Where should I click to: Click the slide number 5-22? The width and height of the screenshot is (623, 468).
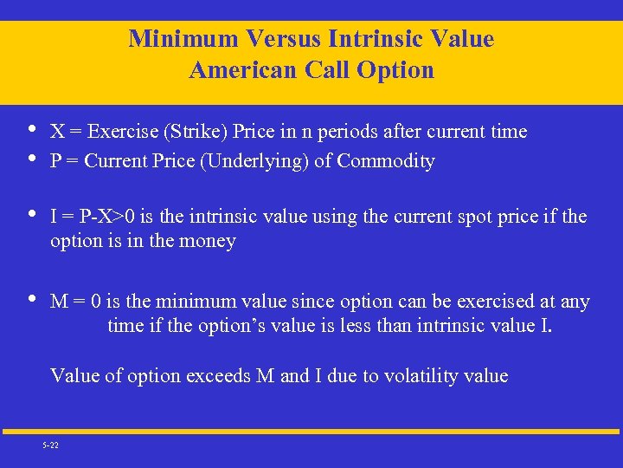[x=50, y=445]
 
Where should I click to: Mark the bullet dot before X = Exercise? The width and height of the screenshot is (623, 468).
[x=32, y=130]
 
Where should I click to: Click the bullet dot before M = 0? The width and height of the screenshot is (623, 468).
[x=32, y=300]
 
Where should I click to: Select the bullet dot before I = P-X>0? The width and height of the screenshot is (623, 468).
[x=32, y=214]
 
